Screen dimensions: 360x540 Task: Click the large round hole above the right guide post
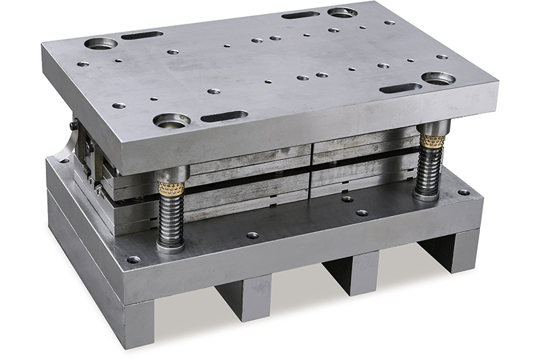click(x=437, y=79)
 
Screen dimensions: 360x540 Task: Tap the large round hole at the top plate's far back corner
click(x=342, y=12)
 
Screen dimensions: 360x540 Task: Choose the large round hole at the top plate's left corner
click(x=101, y=44)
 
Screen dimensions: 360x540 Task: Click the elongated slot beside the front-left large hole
click(x=223, y=116)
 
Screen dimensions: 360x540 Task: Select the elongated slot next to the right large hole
click(x=400, y=88)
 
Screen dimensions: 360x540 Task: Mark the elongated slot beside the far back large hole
click(x=300, y=15)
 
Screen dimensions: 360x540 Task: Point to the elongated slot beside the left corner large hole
click(x=142, y=35)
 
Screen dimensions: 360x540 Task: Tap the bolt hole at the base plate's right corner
click(x=464, y=192)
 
